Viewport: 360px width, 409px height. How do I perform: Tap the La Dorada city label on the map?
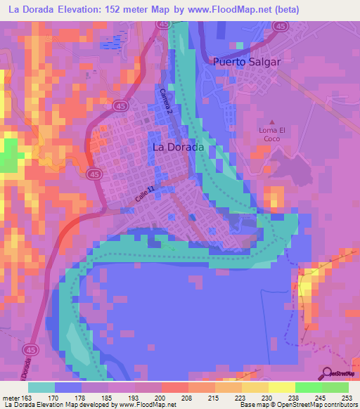[178, 148]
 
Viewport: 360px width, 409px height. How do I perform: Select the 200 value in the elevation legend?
[160, 398]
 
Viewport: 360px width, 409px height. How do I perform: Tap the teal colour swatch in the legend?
[41, 387]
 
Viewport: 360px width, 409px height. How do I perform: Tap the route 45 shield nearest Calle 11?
[93, 174]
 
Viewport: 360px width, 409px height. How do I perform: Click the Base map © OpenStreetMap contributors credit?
[297, 405]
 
